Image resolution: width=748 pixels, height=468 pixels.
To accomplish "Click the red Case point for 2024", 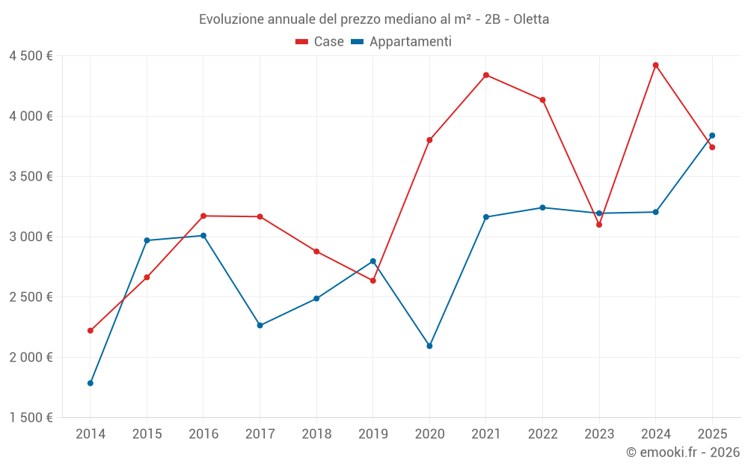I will (x=655, y=65).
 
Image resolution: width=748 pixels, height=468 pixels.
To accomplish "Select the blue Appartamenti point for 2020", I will (x=429, y=346).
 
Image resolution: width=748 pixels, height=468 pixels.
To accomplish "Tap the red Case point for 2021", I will (x=486, y=75).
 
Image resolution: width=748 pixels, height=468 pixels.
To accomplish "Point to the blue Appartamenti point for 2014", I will (x=91, y=383).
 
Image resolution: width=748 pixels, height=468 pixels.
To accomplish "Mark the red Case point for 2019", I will (x=373, y=281).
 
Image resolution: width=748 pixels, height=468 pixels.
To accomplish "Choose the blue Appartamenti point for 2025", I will (x=712, y=136).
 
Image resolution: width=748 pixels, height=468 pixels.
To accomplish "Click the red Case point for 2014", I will (x=91, y=330).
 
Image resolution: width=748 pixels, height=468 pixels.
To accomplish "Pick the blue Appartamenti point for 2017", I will (x=260, y=326).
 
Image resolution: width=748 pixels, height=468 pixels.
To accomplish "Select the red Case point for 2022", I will (x=542, y=100).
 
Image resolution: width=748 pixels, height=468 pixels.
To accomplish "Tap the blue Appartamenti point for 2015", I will (x=147, y=240).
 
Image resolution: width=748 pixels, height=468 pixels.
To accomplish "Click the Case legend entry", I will (x=320, y=42).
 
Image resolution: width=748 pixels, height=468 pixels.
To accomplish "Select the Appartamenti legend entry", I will (x=402, y=42).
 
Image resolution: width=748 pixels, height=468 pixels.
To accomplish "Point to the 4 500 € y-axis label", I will (x=31, y=56).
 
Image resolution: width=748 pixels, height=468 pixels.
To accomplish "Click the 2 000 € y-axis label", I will (x=31, y=357).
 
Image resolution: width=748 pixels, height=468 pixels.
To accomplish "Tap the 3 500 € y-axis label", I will (x=31, y=177).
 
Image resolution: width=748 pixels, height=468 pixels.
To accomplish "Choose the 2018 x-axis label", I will (x=316, y=434).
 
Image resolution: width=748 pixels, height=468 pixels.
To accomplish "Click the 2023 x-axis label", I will (x=599, y=434).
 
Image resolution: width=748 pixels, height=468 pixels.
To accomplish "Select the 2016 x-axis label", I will (x=203, y=434).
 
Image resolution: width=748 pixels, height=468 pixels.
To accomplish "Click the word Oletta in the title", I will (x=529, y=19).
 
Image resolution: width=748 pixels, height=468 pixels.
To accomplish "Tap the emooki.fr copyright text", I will (x=683, y=452).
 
